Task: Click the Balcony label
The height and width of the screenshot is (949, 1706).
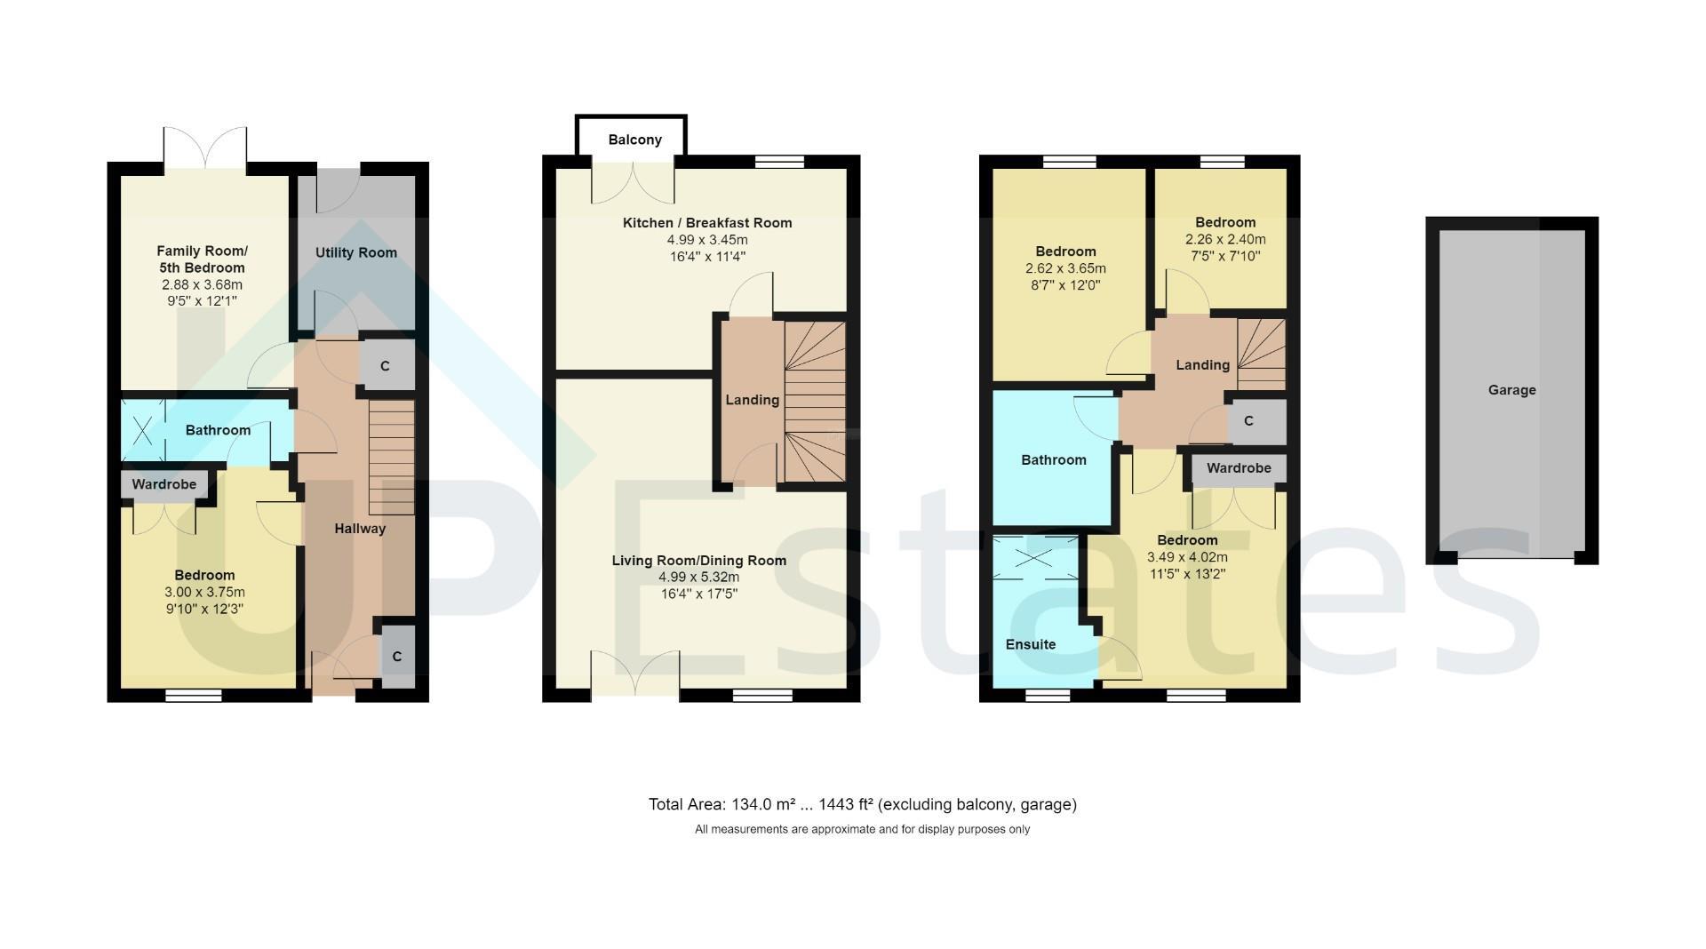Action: click(634, 140)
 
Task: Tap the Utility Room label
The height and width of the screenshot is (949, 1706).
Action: click(355, 252)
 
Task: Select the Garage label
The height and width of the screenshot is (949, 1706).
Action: click(1511, 389)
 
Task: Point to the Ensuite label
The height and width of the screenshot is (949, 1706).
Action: click(1031, 644)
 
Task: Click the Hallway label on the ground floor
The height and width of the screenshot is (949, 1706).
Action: click(360, 529)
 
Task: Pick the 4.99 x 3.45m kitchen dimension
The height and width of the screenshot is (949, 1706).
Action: click(707, 240)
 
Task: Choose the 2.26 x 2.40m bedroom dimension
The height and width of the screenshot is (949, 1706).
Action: click(1225, 239)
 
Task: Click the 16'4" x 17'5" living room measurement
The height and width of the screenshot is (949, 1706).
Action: click(699, 594)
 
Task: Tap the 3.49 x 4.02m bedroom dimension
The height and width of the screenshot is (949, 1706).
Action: click(1187, 557)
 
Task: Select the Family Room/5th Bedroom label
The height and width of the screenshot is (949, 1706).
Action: click(203, 259)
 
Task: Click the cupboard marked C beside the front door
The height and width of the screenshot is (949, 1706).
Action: click(397, 657)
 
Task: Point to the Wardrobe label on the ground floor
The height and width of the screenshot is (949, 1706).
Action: click(164, 484)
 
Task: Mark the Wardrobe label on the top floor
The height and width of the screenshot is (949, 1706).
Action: click(1239, 468)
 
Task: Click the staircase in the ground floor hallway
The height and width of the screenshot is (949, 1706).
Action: click(391, 457)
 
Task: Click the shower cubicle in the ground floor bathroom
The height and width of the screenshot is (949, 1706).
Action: click(143, 430)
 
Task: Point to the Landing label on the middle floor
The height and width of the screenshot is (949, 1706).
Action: click(752, 400)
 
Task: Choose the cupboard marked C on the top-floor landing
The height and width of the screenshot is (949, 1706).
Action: click(1248, 421)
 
